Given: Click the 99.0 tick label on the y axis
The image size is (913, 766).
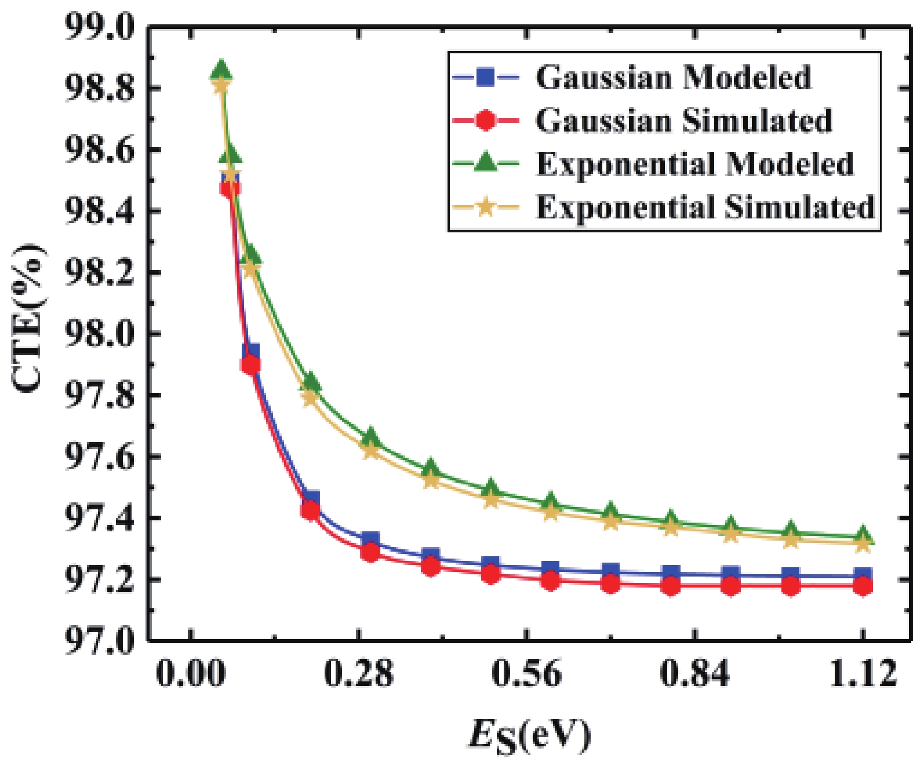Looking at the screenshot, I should [99, 27].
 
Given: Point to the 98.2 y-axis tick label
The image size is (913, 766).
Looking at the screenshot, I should [99, 272].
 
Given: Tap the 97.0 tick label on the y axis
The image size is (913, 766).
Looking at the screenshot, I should [99, 640].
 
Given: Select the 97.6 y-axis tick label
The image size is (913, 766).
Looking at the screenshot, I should [99, 456].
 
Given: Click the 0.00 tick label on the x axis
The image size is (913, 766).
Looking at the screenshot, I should [191, 674].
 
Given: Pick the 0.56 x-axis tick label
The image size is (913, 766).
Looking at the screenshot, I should [526, 674].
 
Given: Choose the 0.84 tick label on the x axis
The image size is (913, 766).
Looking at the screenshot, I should [694, 674].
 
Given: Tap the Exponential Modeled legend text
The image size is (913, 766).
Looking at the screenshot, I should [695, 164].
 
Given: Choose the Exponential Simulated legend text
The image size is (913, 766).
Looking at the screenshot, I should [705, 207].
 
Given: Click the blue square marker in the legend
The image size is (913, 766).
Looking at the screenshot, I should [486, 77].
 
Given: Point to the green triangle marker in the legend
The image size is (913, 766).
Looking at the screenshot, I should [486, 163].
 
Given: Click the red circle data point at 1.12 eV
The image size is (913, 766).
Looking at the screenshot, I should [863, 586].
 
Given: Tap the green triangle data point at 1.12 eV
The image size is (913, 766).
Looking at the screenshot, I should [863, 535].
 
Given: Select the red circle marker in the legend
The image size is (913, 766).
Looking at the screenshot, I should [486, 121].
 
